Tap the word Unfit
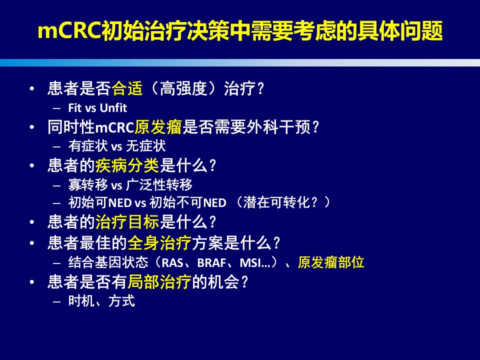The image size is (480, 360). [x=113, y=108]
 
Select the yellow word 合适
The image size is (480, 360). [x=127, y=88]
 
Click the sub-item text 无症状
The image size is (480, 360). [x=145, y=146]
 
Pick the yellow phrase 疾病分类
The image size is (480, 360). [x=127, y=165]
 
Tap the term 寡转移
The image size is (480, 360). [x=88, y=184]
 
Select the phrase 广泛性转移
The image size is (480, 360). [x=159, y=184]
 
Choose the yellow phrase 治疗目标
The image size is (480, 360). [x=127, y=222]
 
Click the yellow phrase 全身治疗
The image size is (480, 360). [x=159, y=243]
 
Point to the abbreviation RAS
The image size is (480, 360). [x=172, y=262]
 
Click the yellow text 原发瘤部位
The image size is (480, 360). [x=331, y=262]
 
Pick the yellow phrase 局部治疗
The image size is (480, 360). [x=159, y=281]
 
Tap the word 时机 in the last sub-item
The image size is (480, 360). [x=81, y=301]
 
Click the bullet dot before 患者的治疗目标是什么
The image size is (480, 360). [x=32, y=222]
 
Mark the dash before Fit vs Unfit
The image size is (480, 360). [x=56, y=108]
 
